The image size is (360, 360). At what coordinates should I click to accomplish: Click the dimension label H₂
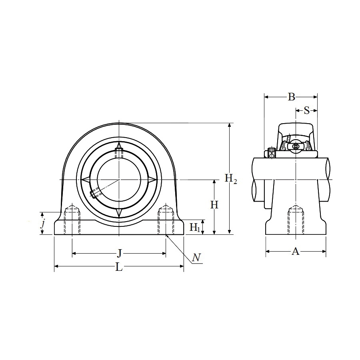pyautogui.click(x=231, y=179)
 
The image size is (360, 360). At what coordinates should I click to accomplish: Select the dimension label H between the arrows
pyautogui.click(x=215, y=205)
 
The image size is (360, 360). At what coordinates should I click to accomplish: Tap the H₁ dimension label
pyautogui.click(x=195, y=228)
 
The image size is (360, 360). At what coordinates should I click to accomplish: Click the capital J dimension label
pyautogui.click(x=119, y=253)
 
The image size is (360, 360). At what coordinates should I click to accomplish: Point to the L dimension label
pyautogui.click(x=119, y=267)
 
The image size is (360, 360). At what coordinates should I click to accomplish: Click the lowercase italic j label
pyautogui.click(x=42, y=223)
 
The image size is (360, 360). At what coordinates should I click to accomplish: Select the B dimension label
pyautogui.click(x=291, y=96)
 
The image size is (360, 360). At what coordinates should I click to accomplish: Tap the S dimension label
pyautogui.click(x=307, y=110)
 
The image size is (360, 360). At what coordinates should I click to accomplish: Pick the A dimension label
pyautogui.click(x=296, y=251)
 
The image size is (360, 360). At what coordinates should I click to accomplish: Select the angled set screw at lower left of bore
pyautogui.click(x=94, y=194)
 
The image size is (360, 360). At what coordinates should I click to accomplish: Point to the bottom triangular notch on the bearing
pyautogui.click(x=119, y=213)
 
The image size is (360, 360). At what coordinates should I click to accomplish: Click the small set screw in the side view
pyautogui.click(x=272, y=153)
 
